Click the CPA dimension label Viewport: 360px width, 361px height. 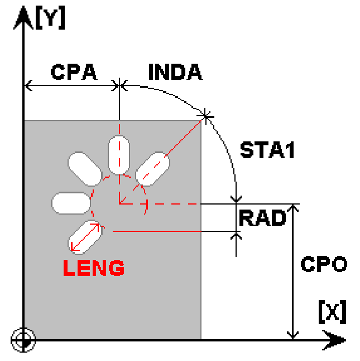coord(74,72)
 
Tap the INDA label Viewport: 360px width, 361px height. coord(176,72)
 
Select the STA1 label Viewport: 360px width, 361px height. coord(267,150)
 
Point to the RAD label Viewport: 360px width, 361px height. coord(262,217)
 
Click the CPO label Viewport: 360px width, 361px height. coord(324,264)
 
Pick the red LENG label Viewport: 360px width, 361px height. coord(94,268)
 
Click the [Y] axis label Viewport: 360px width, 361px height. coord(50,18)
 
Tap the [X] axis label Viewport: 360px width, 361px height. coord(333,312)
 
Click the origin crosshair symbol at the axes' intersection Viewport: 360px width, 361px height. coord(23,340)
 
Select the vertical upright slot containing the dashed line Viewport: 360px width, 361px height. coord(119,155)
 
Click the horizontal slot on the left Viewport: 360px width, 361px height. coord(71,203)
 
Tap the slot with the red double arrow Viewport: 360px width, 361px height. coord(85,237)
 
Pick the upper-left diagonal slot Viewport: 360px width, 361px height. coord(85,169)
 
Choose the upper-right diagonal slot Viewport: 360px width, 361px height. coord(152,169)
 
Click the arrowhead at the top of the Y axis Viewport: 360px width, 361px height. coord(23,17)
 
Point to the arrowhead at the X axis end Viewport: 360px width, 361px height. coord(334,340)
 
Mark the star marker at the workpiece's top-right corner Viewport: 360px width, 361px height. coord(205,116)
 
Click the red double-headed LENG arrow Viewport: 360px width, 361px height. coord(85,237)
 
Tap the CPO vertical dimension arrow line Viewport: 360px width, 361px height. coord(292,272)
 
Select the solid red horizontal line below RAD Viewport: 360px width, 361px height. coord(157,231)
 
